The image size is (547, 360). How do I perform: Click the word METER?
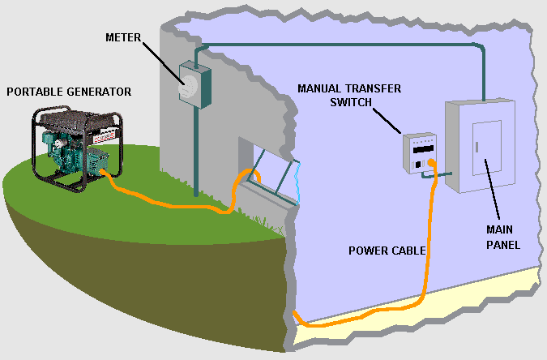point(123,38)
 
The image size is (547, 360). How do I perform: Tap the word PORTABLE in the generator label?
point(35,92)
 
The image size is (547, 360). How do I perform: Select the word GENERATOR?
point(99,92)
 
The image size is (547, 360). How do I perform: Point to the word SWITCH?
point(351,102)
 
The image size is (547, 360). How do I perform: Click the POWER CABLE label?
point(387,251)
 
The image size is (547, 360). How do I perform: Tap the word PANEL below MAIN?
point(503,245)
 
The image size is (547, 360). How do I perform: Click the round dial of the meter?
point(188,87)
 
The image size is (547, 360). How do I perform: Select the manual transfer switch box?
point(420,153)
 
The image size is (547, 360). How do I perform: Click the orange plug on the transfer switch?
point(432,162)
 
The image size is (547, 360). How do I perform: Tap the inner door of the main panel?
point(487,148)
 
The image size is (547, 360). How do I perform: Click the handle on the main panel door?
point(476,147)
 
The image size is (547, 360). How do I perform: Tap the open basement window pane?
point(276,176)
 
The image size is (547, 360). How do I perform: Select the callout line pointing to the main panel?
point(492,189)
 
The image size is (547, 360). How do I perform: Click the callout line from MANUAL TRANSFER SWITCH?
point(387,121)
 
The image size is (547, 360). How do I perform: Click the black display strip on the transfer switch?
point(423,149)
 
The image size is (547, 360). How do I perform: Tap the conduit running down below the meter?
point(196,152)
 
